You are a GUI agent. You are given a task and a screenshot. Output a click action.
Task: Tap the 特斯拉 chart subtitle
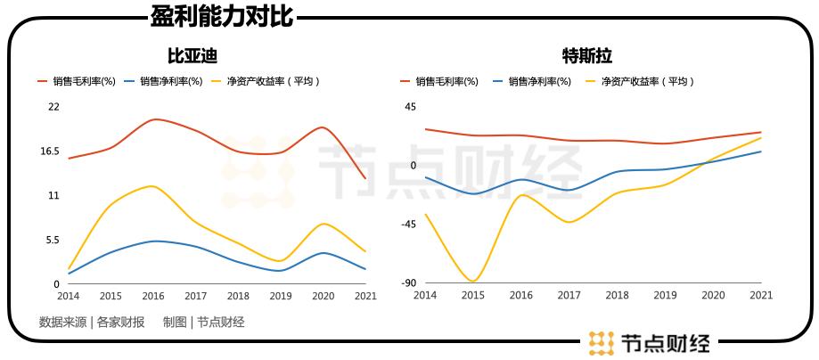(586, 56)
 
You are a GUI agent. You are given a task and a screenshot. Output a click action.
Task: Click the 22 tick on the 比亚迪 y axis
(53, 107)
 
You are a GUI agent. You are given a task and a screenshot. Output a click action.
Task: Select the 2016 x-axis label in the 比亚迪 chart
(153, 296)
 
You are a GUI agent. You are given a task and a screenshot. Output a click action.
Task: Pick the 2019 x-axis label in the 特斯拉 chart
(665, 295)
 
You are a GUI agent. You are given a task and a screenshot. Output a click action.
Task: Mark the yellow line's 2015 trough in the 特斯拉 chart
(472, 282)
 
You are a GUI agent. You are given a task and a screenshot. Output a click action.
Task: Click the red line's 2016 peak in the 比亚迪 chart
(154, 119)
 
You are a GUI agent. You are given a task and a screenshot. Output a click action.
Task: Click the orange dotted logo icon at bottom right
(602, 342)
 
